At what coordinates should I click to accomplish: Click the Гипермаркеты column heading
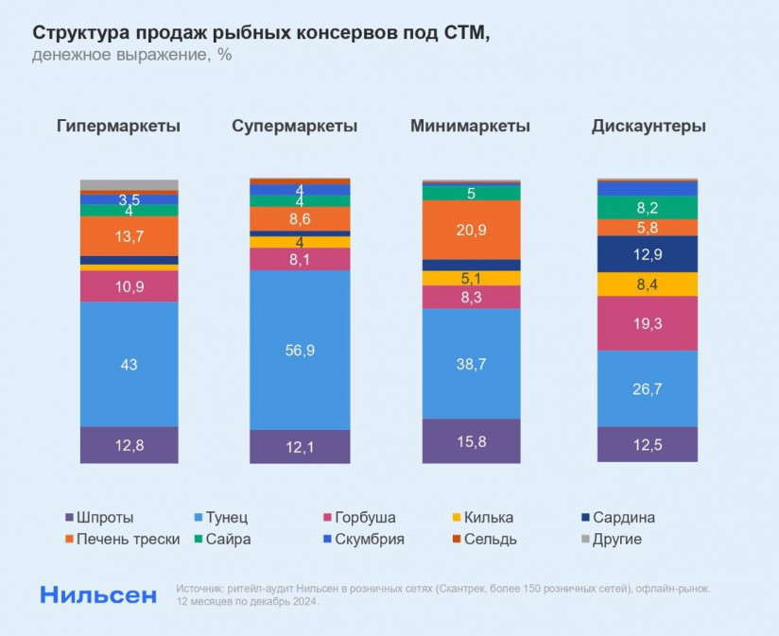pyautogui.click(x=118, y=126)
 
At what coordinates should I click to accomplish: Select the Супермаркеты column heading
pyautogui.click(x=294, y=126)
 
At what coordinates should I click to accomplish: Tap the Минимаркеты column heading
pyautogui.click(x=470, y=126)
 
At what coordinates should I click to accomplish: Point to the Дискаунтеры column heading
pyautogui.click(x=649, y=126)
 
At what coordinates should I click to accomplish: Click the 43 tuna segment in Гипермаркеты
pyautogui.click(x=129, y=365)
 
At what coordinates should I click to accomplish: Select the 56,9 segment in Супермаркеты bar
pyautogui.click(x=300, y=350)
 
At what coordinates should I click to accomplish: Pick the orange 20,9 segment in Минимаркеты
pyautogui.click(x=471, y=230)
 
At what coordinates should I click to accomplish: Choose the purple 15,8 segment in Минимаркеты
pyautogui.click(x=471, y=441)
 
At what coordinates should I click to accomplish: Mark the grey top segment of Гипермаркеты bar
pyautogui.click(x=129, y=184)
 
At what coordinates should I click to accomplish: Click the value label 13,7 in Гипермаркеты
pyautogui.click(x=129, y=236)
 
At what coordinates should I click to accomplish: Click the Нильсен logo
pyautogui.click(x=97, y=594)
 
